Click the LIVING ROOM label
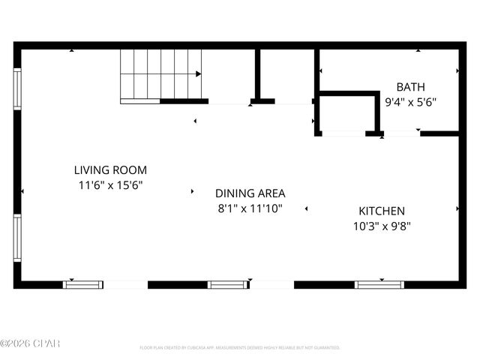[109, 170]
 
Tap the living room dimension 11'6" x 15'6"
[109, 184]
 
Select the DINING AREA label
[250, 193]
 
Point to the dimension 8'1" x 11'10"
[250, 208]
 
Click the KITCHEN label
[381, 211]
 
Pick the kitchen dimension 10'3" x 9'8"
[381, 226]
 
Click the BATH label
[409, 87]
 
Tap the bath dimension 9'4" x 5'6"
[409, 101]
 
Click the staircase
[160, 74]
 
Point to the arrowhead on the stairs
[198, 74]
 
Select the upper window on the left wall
[17, 89]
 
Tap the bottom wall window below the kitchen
[379, 284]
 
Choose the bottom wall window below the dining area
[227, 284]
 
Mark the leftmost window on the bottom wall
[82, 284]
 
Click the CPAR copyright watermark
[30, 344]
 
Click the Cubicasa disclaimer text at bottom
[239, 348]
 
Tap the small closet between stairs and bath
[286, 74]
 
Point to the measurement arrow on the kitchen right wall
[457, 208]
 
